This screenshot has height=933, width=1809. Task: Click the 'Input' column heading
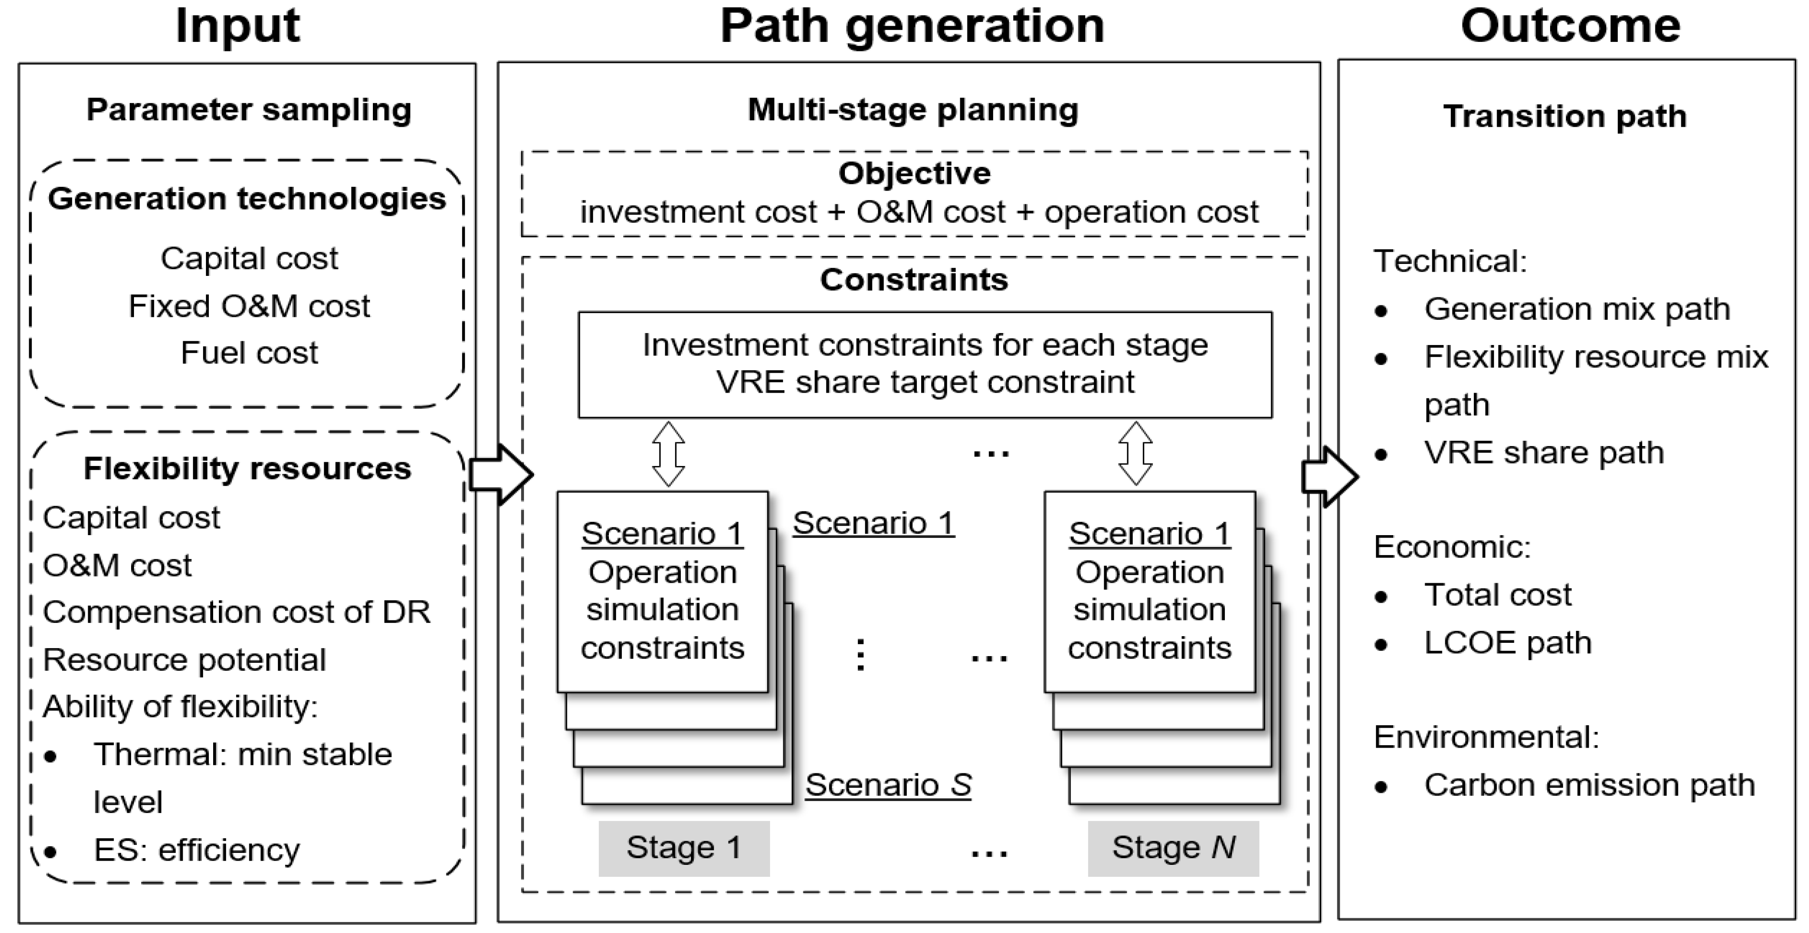pos(237,27)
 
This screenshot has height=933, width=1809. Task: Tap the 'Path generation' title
pos(912,27)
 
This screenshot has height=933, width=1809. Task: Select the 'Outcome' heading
pos(1570,27)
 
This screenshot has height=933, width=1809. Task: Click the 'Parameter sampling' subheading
pos(248,110)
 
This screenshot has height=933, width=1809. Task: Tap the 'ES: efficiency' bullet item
pos(196,850)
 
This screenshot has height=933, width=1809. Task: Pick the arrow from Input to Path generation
pos(500,475)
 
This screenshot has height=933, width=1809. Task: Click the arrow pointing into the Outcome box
pos(1329,476)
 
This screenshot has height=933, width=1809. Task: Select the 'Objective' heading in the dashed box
pos(915,173)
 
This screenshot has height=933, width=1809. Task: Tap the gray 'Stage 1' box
pos(684,848)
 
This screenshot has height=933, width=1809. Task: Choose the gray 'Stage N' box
pos(1173,848)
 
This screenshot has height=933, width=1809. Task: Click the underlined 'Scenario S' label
pos(888,785)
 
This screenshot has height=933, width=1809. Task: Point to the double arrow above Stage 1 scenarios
pos(668,454)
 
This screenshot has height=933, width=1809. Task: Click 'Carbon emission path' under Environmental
pos(1589,785)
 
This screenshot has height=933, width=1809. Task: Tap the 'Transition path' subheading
pos(1564,117)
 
